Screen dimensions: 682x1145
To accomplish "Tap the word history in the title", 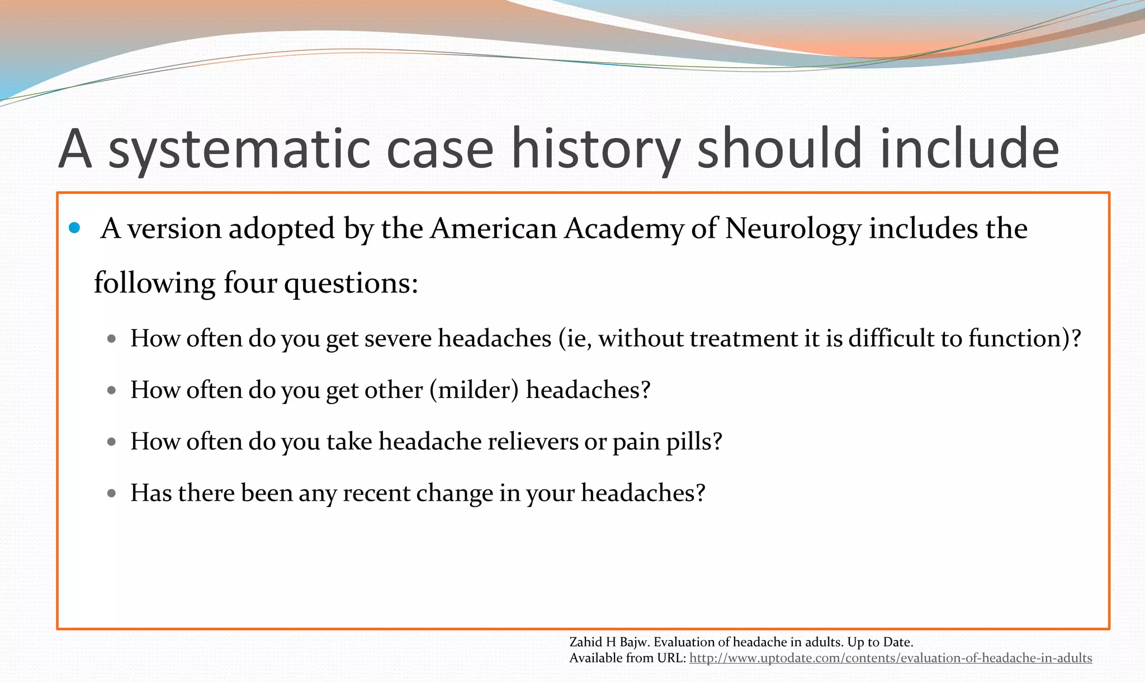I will click(595, 149).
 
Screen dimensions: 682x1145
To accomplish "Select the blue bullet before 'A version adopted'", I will click(74, 228).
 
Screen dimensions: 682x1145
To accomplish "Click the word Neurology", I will click(793, 228).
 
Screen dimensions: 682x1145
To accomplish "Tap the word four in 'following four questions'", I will click(250, 283).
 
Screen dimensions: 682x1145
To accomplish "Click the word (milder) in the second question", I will click(475, 390).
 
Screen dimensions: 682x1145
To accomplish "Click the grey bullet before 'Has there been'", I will click(111, 493).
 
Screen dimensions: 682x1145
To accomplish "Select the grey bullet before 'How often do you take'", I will click(111, 442).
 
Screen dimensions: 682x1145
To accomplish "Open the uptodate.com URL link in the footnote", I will click(890, 658).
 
